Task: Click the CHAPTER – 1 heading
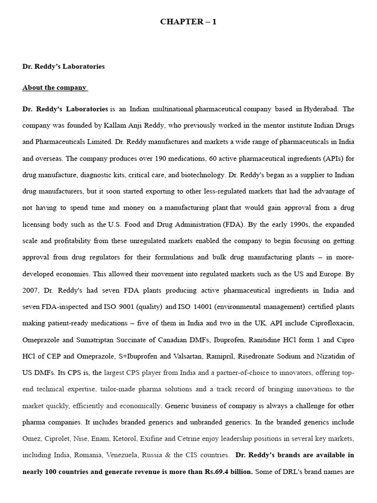click(188, 22)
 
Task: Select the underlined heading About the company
click(54, 88)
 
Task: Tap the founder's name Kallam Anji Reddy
click(133, 125)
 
